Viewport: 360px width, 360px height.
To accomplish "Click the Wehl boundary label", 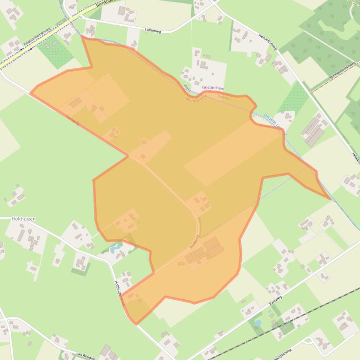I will pos(187,88).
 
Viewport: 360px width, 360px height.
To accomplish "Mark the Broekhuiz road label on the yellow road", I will pos(105,4).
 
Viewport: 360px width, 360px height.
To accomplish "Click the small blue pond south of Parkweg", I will pos(258,323).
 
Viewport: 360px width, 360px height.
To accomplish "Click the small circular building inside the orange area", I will pos(144,141).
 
